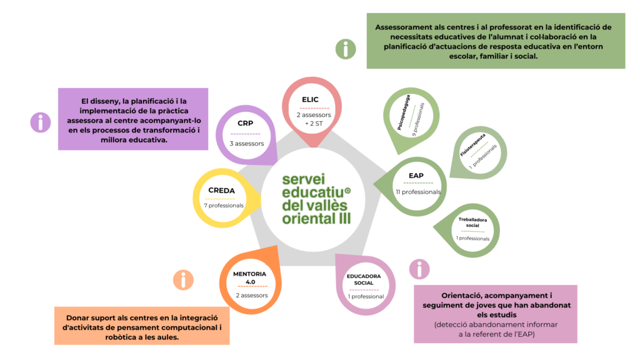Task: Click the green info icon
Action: pyautogui.click(x=346, y=49)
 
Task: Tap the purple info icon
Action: pyautogui.click(x=41, y=122)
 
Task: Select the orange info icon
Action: pyautogui.click(x=183, y=279)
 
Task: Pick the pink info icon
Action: pyautogui.click(x=419, y=269)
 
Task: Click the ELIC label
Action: pyautogui.click(x=310, y=99)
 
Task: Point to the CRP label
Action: pyautogui.click(x=245, y=124)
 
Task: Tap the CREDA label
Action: pyautogui.click(x=222, y=190)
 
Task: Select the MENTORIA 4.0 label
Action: pyautogui.click(x=250, y=277)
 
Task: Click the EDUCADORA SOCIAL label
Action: pyautogui.click(x=364, y=279)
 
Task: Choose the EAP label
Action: pyautogui.click(x=417, y=176)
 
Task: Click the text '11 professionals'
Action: pyautogui.click(x=417, y=192)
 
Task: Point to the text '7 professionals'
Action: pyautogui.click(x=223, y=206)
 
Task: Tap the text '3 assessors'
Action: pyautogui.click(x=246, y=143)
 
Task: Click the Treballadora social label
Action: pyautogui.click(x=472, y=222)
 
